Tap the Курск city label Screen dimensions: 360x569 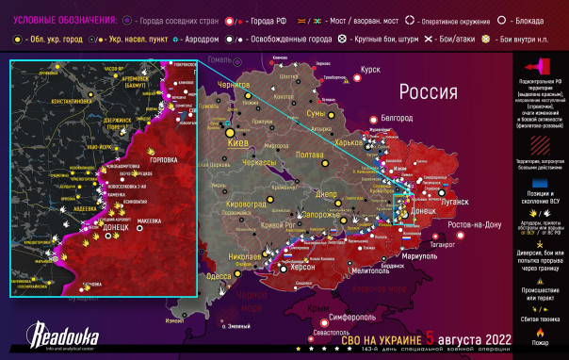click(x=370, y=69)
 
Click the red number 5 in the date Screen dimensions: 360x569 click(x=430, y=336)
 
